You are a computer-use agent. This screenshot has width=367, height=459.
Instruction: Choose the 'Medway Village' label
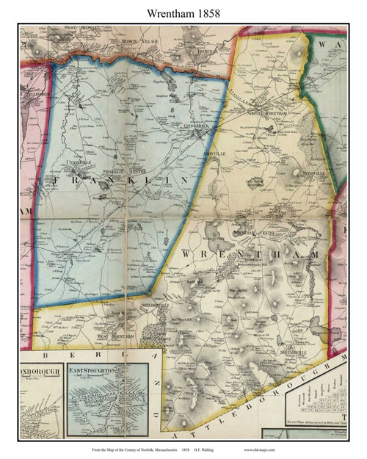pos(138,42)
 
